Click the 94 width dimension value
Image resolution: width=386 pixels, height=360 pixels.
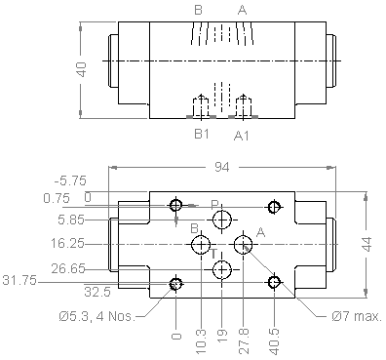[x=222, y=167]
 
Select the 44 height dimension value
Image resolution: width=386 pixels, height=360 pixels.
[x=367, y=244]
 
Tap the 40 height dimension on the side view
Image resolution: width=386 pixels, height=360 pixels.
[x=82, y=69]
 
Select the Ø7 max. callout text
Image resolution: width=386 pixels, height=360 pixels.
[x=357, y=316]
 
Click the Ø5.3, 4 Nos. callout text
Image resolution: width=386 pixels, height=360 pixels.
[x=96, y=316]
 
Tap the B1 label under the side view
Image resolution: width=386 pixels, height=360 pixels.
[x=202, y=134]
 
